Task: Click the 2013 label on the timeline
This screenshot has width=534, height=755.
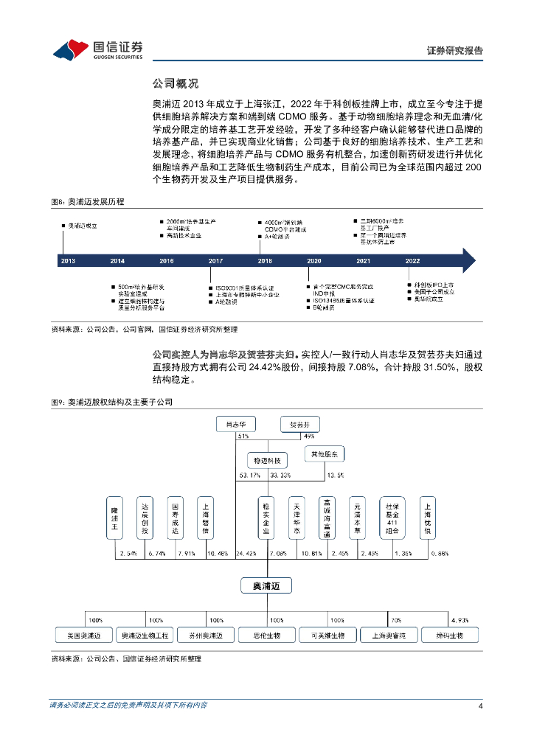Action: pyautogui.click(x=68, y=261)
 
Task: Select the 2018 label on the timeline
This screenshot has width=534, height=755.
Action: pyautogui.click(x=265, y=261)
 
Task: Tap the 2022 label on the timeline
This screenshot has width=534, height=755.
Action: pyautogui.click(x=413, y=261)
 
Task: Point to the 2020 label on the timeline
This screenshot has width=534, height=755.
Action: pyautogui.click(x=314, y=261)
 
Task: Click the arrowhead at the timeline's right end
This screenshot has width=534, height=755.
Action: pyautogui.click(x=467, y=260)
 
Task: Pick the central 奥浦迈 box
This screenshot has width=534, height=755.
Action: pyautogui.click(x=266, y=585)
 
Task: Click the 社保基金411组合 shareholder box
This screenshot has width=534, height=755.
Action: pyautogui.click(x=391, y=519)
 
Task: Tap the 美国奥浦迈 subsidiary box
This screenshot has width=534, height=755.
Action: pyautogui.click(x=83, y=635)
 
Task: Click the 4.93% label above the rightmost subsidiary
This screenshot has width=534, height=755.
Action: pyautogui.click(x=459, y=620)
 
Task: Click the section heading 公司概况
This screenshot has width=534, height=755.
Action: pyautogui.click(x=175, y=83)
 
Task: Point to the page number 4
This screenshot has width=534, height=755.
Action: pyautogui.click(x=480, y=706)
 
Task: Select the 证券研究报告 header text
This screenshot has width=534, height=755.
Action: pyautogui.click(x=455, y=51)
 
